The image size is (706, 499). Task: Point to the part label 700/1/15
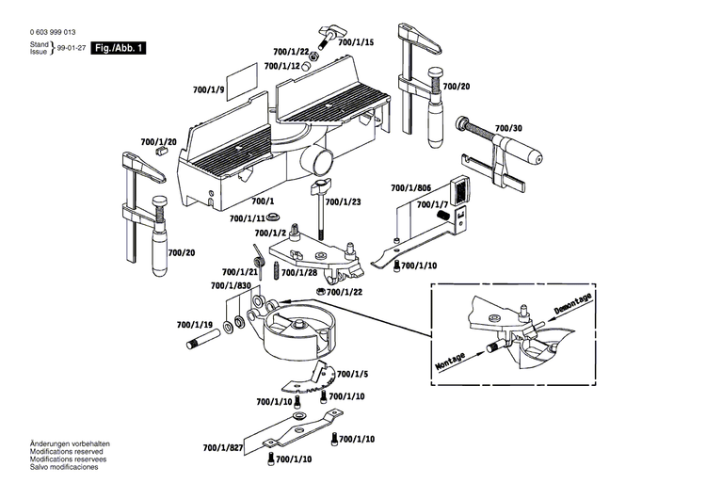[x=356, y=42]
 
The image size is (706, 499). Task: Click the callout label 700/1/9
[x=208, y=89]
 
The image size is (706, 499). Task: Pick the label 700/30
[x=509, y=128]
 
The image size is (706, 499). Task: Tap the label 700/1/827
[x=223, y=448]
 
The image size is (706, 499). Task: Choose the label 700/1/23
[x=343, y=201]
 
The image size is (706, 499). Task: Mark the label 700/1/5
[x=352, y=373]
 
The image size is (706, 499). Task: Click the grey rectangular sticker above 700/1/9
[x=243, y=74]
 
